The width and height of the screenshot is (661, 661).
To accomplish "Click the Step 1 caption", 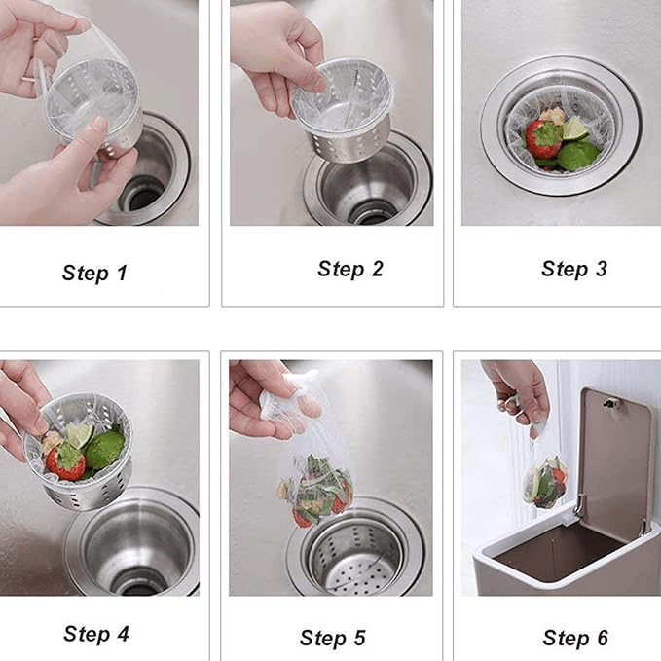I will [94, 273].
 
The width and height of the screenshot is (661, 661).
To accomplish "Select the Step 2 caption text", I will [350, 269].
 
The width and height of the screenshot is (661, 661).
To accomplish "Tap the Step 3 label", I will [573, 269].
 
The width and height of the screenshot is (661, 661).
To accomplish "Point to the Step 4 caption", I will [95, 634].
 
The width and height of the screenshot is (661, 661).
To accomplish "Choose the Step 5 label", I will [333, 638].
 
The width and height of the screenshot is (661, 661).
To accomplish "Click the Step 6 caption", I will [574, 638].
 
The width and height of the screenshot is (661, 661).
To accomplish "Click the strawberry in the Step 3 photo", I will [543, 140].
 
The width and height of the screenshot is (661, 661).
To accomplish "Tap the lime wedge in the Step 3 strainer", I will [575, 128].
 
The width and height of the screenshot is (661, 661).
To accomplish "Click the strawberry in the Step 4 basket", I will [66, 461].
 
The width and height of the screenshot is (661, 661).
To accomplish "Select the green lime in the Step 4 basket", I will [104, 449].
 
